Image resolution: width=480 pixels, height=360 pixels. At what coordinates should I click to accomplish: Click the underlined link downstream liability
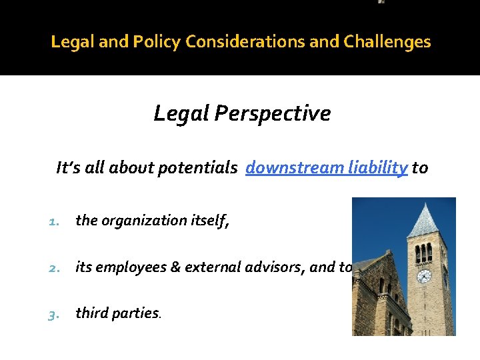(x=327, y=168)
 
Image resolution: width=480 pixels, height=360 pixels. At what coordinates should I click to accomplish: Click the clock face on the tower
(x=423, y=276)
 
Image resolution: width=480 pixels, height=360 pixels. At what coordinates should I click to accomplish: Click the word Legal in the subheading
(x=182, y=114)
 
